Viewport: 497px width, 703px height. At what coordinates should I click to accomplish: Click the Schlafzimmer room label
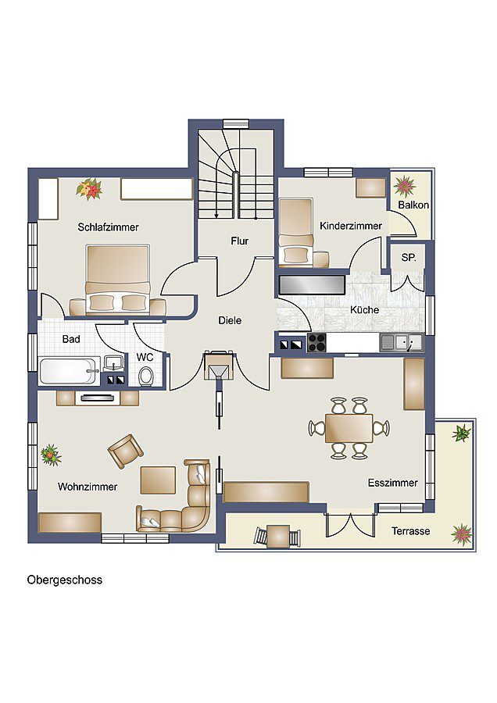coord(108,227)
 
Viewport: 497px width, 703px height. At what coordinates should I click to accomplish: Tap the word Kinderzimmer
coord(351,226)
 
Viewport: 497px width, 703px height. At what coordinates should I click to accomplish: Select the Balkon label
coord(412,205)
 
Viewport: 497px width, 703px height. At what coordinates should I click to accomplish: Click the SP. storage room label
coord(408,257)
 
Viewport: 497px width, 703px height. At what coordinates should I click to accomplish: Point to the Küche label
coord(364,310)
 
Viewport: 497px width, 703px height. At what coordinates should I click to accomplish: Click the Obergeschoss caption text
coord(65,580)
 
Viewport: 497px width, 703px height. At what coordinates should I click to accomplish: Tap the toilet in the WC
coord(145,376)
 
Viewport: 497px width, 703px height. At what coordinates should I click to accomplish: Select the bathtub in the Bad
coord(69,370)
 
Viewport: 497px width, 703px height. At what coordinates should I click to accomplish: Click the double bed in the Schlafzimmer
coord(117,277)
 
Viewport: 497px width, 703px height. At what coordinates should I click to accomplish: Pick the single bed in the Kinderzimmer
coord(296,232)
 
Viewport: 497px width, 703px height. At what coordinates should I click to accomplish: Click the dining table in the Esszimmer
coord(349,427)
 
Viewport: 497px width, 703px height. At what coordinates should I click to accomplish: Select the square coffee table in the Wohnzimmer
coord(158,481)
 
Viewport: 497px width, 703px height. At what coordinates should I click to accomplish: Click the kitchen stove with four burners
coord(316,342)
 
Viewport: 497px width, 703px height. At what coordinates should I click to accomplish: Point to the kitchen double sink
coord(402,341)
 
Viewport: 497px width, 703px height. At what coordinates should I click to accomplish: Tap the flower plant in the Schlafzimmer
coord(89,188)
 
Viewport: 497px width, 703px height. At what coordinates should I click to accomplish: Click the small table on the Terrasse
coord(277,536)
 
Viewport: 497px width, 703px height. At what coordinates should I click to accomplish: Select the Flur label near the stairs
coord(239,241)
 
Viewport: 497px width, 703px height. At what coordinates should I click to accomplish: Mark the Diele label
coord(230,320)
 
